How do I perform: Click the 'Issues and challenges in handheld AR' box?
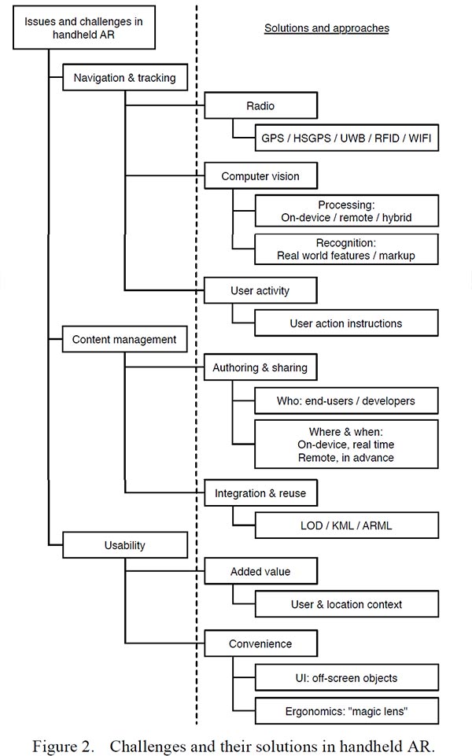(84, 28)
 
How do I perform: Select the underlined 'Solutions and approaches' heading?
(326, 28)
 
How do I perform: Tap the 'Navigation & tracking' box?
(125, 77)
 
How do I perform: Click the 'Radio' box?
(261, 105)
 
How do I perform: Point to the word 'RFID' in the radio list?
(387, 138)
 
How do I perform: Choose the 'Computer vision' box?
(261, 176)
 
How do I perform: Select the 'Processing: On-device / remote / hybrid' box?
(347, 211)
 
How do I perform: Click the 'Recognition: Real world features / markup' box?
(346, 249)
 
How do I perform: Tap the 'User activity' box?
(260, 290)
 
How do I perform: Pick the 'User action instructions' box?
(346, 323)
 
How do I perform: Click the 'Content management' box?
(125, 339)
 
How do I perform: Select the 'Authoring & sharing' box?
(260, 367)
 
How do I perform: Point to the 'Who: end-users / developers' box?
(346, 400)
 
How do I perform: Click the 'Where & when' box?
(346, 444)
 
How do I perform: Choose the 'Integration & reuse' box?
(261, 492)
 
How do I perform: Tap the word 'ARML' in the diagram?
(377, 525)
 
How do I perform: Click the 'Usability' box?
(125, 545)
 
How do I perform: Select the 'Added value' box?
(261, 571)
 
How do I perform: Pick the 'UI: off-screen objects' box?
(347, 677)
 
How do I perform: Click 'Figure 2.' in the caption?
(63, 746)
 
